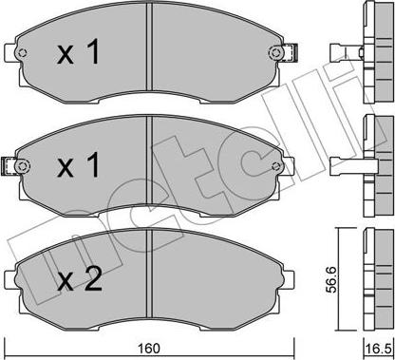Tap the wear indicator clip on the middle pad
tap(17, 167)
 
